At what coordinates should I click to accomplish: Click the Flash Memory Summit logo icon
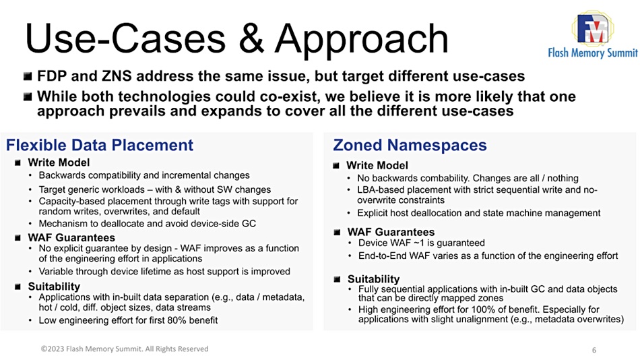click(593, 28)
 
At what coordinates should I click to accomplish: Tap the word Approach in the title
click(361, 40)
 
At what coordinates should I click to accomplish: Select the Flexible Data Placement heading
click(100, 145)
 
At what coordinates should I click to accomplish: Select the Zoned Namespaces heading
click(410, 145)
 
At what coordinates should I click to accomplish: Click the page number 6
click(594, 350)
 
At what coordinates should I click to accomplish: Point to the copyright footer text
click(125, 349)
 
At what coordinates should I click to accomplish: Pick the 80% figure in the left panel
click(177, 320)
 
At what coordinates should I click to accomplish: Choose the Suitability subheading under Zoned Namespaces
click(373, 279)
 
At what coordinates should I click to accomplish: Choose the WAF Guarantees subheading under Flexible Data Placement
click(71, 237)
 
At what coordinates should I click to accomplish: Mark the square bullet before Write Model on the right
click(336, 165)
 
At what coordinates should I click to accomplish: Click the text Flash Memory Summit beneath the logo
click(593, 53)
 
